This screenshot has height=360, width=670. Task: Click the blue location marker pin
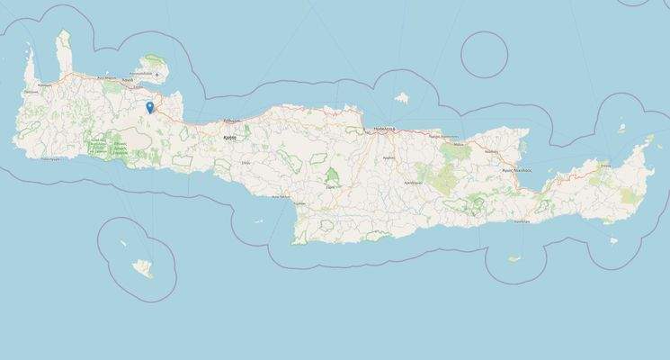pyautogui.click(x=150, y=108)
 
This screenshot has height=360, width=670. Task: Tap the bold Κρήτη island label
pyautogui.click(x=229, y=139)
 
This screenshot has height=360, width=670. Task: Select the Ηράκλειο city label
pyautogui.click(x=386, y=129)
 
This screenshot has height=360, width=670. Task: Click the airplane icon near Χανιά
pyautogui.click(x=160, y=74)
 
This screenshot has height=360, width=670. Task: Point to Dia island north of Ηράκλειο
pyautogui.click(x=402, y=94)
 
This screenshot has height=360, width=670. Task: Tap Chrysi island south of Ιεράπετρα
pyautogui.click(x=514, y=259)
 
